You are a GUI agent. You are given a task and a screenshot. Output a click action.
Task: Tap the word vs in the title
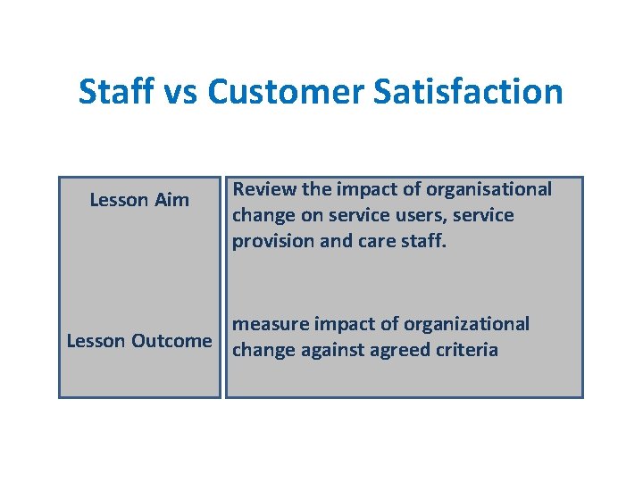point(181,92)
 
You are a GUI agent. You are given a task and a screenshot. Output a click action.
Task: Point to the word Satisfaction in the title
point(476,92)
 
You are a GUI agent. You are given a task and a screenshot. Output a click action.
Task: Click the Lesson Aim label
point(139,200)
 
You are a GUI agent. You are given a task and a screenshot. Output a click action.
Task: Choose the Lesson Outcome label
point(139,341)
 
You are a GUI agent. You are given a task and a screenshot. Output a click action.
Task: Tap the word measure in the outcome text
point(268,324)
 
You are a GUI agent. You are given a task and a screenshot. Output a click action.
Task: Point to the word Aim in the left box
point(171,200)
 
